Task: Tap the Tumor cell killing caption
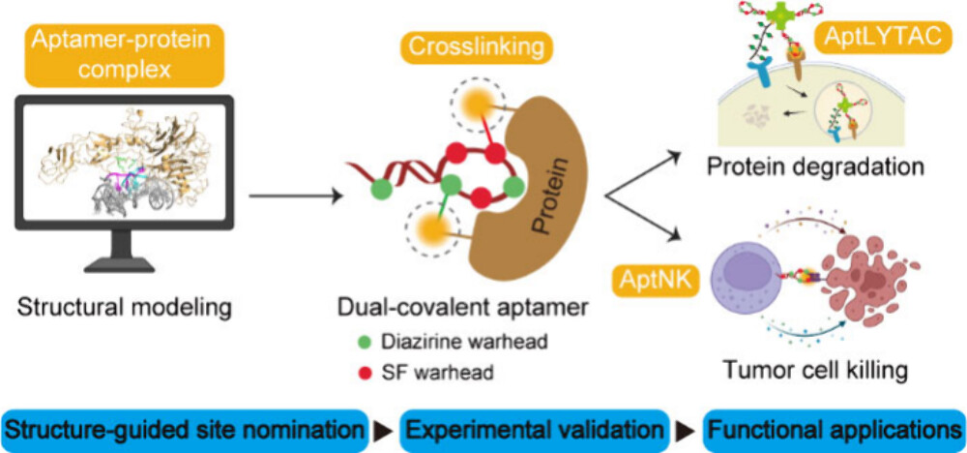821,369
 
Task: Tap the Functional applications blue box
833,427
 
